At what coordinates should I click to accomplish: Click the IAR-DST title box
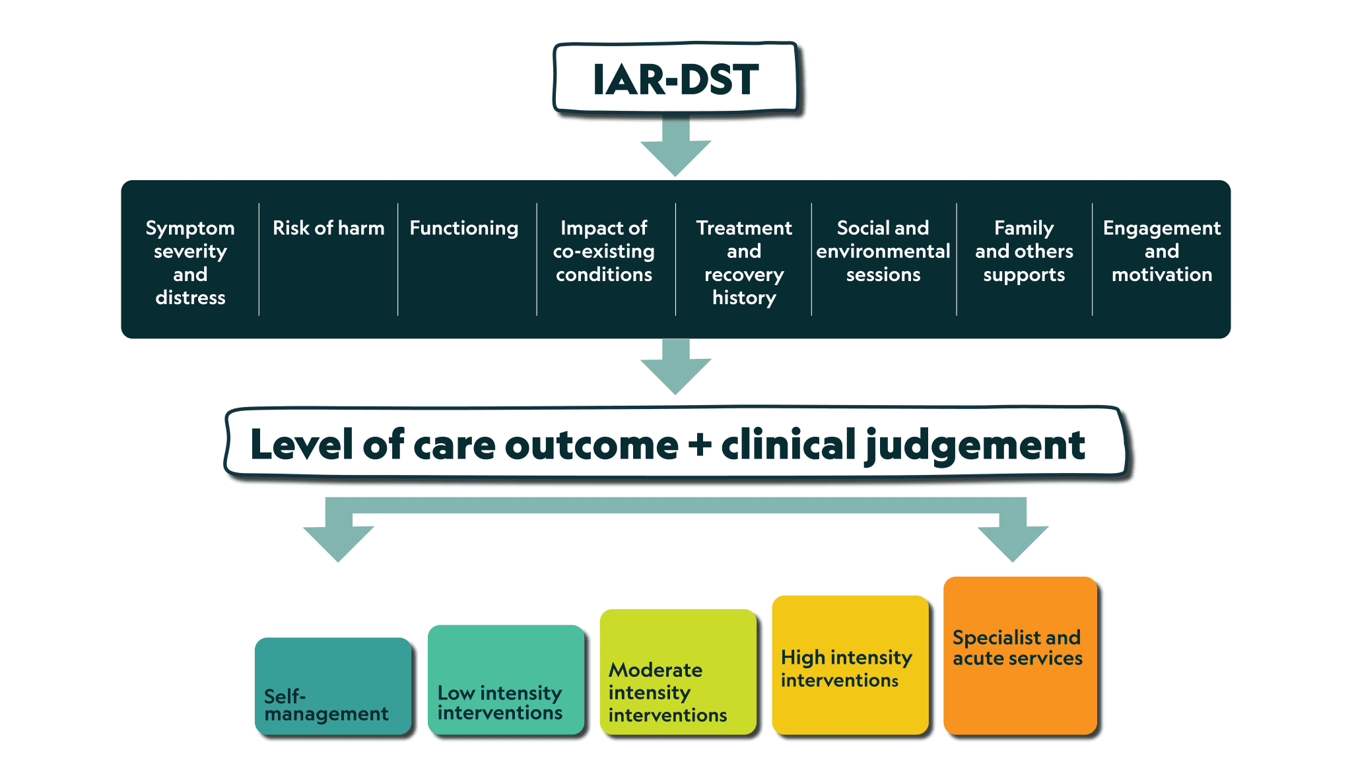coord(676,79)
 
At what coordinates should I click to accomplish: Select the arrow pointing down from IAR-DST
coord(676,146)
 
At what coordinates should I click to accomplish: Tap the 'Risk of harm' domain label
coord(329,228)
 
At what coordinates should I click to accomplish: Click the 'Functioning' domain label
coord(464,228)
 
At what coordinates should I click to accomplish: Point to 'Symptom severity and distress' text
coord(190,263)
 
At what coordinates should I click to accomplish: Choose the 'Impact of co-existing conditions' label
coord(604,251)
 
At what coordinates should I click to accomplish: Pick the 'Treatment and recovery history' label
coord(744,263)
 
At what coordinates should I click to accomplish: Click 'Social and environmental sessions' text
coord(883,251)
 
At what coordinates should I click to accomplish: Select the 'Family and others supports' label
coord(1024,251)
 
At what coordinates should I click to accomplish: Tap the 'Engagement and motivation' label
coord(1162,251)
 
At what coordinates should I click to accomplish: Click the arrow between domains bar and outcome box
coord(676,367)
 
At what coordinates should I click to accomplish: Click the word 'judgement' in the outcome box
coord(975,446)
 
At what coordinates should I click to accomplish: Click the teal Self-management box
coord(333,686)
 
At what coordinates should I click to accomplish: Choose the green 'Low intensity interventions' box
coord(506,680)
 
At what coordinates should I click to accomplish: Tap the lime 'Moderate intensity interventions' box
coord(679,672)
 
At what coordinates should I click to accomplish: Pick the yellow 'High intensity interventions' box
coord(851,665)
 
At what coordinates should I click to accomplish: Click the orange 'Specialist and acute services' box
coord(1021,656)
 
